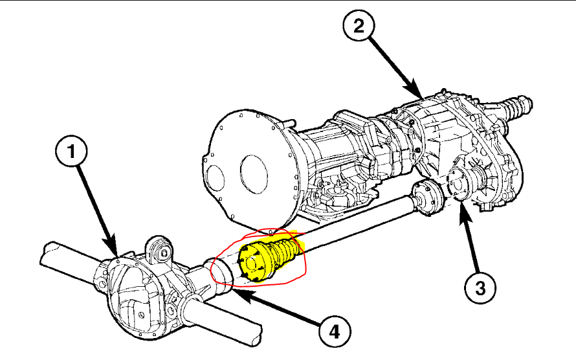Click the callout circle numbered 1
(72, 152)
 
